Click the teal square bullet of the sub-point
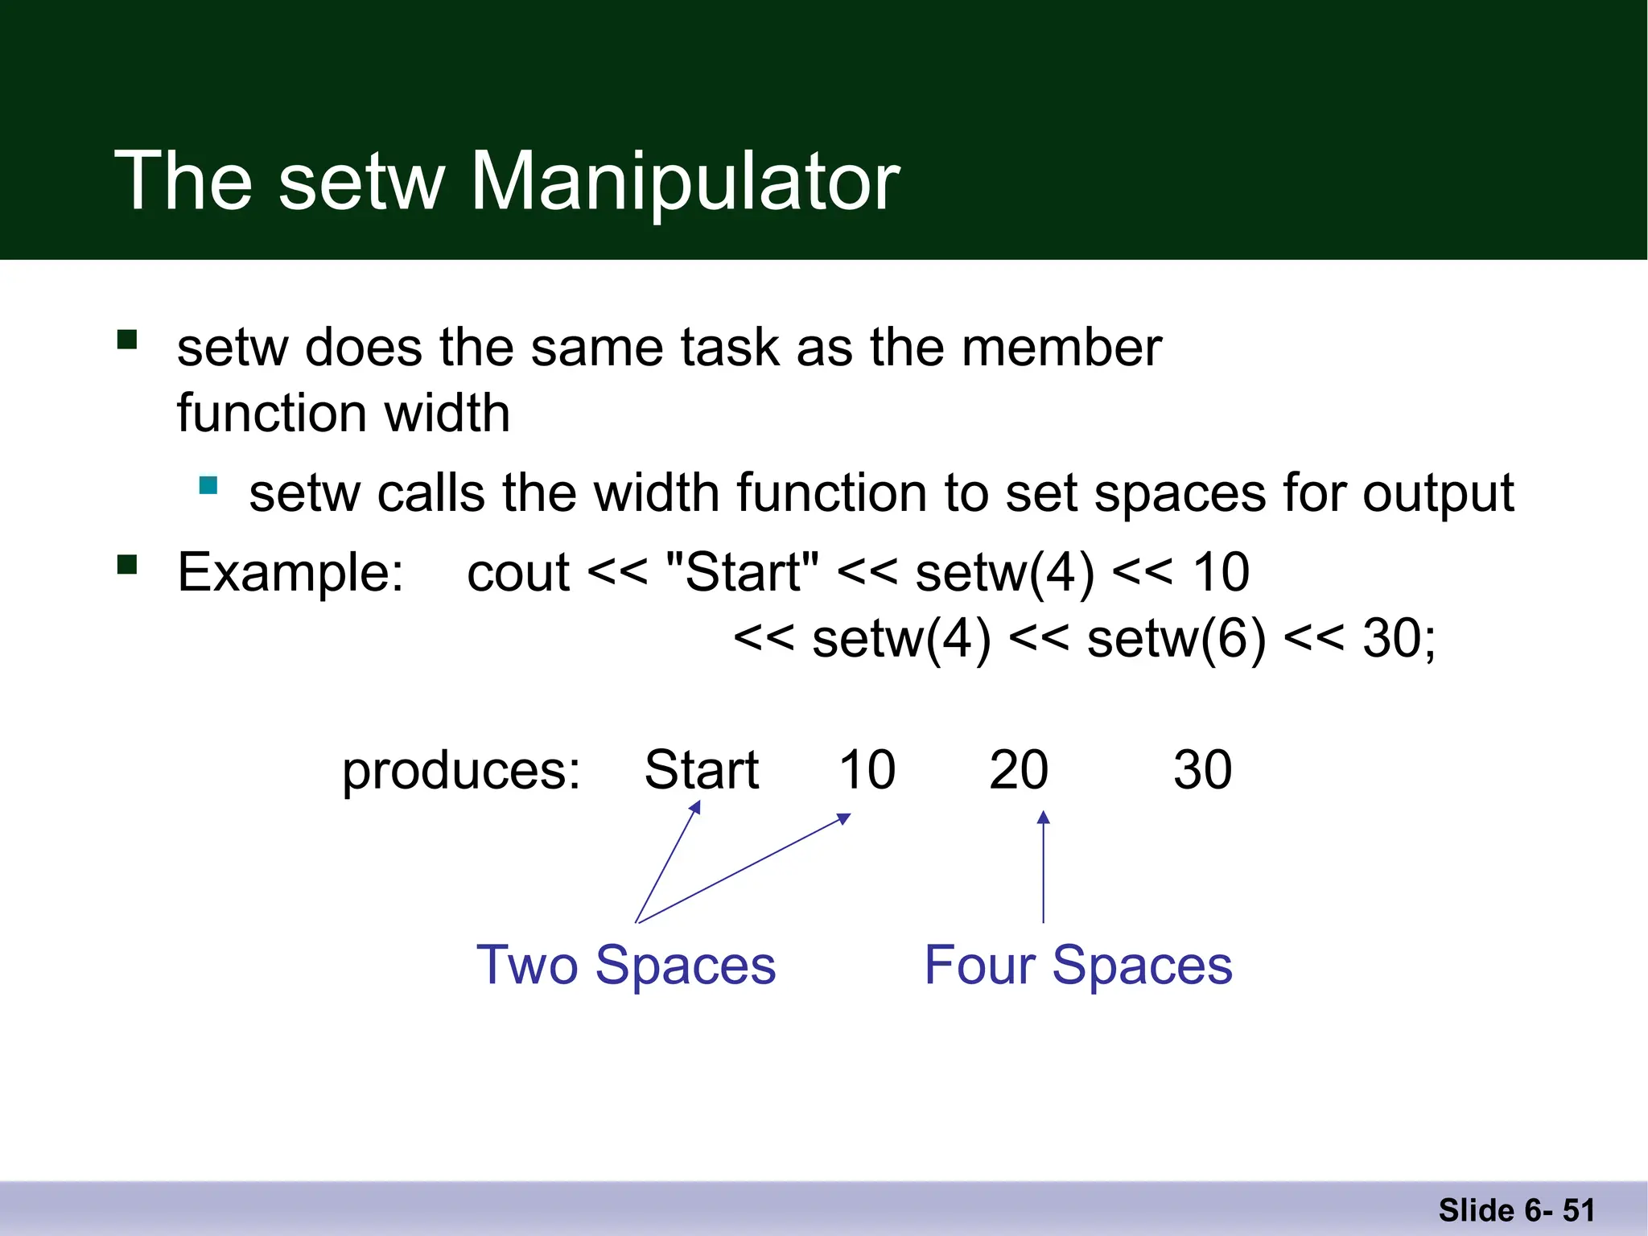(208, 485)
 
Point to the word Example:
(290, 573)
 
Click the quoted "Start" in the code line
(743, 573)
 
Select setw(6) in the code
(1176, 640)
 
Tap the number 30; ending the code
(1399, 640)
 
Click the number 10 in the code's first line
(1221, 573)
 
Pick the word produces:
(461, 771)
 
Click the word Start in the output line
(702, 770)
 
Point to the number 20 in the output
(1019, 770)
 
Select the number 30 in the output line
(1202, 770)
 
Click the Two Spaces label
(626, 965)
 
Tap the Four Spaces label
(1078, 965)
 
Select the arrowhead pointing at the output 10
(844, 818)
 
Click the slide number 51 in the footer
(1578, 1210)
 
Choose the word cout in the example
(518, 573)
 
